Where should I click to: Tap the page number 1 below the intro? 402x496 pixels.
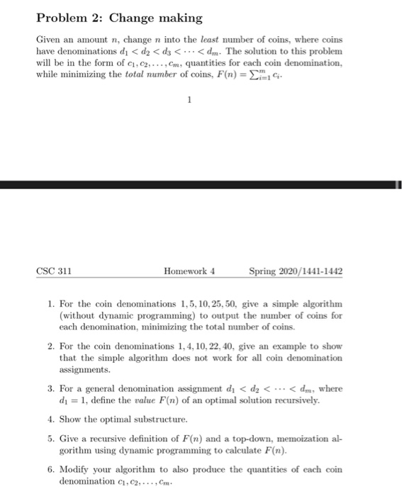pos(189,101)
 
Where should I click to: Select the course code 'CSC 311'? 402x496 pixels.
pos(55,271)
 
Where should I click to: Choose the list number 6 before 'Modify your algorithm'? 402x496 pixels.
pos(51,470)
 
